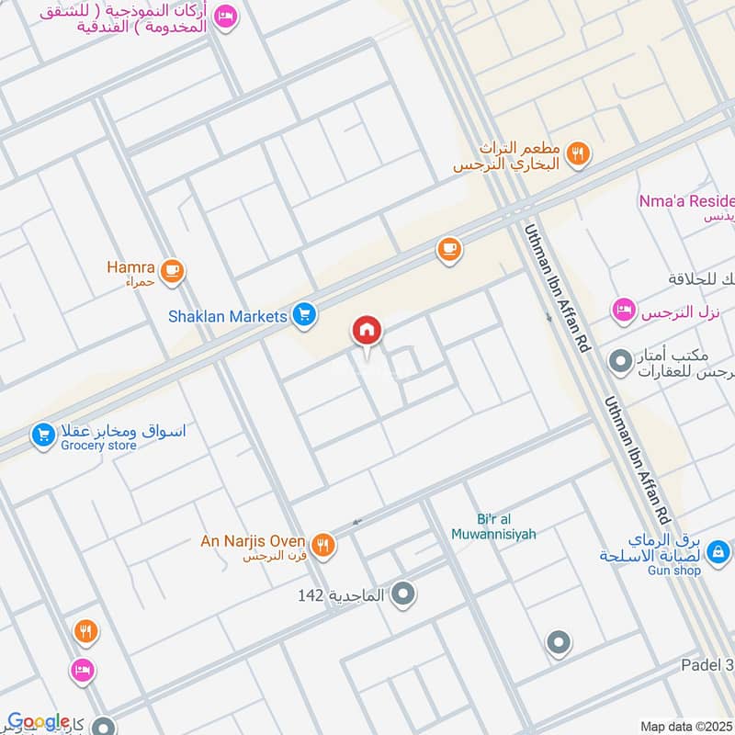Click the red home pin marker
pos(367,330)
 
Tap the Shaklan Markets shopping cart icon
pos(306,316)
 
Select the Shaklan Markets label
pos(228,316)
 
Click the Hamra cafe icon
pos(172,271)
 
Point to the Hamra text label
pos(130,268)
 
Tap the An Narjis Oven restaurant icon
pos(322,545)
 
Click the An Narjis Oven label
pos(254,540)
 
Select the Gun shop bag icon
pos(720,552)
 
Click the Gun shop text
pos(675,571)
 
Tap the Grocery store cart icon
pos(42,435)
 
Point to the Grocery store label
pos(98,446)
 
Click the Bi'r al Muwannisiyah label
pos(493,526)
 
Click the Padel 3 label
pos(707,665)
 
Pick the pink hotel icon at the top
pos(226,16)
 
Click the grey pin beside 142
pos(402,596)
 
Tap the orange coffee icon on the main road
pos(448,249)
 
